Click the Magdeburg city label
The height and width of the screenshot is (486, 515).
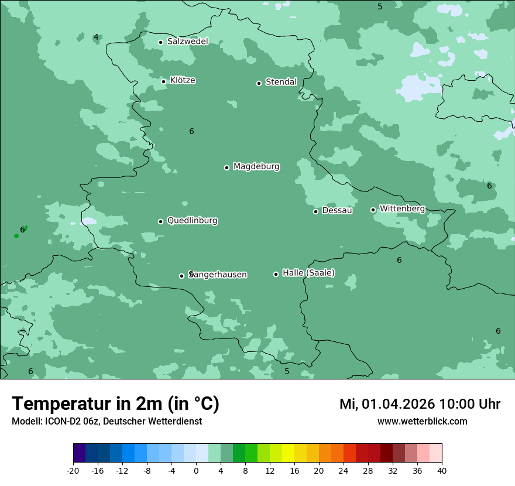256,167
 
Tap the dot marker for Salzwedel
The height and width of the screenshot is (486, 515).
160,42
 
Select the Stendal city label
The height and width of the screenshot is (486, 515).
281,82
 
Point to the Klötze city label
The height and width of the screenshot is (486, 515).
183,80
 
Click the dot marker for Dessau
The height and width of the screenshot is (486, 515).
315,211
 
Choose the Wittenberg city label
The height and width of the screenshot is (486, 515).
402,208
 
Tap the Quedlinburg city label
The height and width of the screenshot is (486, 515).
192,221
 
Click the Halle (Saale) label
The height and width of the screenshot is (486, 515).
308,273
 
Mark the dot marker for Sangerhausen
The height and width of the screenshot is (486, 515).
181,276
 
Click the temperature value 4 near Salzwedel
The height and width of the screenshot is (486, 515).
96,37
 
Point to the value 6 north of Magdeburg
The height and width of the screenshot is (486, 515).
191,132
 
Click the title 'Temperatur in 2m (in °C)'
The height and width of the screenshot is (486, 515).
115,404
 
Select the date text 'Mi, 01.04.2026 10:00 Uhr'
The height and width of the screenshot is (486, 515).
420,404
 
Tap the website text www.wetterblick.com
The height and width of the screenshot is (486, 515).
422,422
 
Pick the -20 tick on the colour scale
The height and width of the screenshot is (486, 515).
73,471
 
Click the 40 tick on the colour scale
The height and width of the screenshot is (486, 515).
442,471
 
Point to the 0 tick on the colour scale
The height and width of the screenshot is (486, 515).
196,471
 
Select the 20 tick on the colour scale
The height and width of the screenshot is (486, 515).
319,471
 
